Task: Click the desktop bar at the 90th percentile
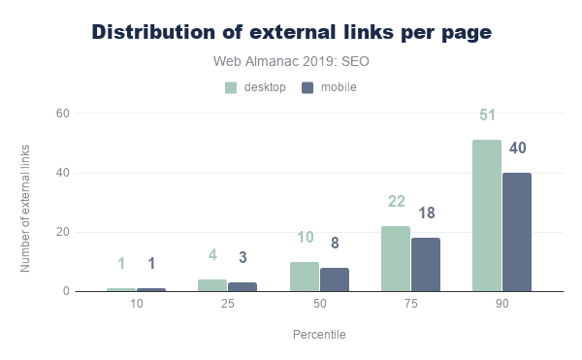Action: (x=487, y=215)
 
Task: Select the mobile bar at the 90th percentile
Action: (x=517, y=232)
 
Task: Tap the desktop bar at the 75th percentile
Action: (x=396, y=259)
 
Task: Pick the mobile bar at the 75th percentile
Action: (x=426, y=265)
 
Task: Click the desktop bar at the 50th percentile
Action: (x=305, y=277)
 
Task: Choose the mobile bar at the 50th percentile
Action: (x=335, y=279)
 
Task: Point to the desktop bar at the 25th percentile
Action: (x=212, y=285)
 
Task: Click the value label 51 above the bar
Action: (x=487, y=115)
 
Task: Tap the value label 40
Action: (x=517, y=148)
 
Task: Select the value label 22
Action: (x=397, y=202)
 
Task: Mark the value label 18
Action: (x=427, y=213)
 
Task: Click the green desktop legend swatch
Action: (x=231, y=87)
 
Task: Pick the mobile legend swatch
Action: (x=307, y=87)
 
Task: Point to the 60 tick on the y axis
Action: (x=63, y=114)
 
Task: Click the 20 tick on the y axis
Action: (x=63, y=232)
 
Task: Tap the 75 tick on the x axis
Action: (x=411, y=304)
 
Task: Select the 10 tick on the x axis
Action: (x=136, y=304)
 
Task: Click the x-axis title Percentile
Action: (x=319, y=335)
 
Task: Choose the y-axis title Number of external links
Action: (x=25, y=209)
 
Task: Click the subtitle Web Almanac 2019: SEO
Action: (x=291, y=61)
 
